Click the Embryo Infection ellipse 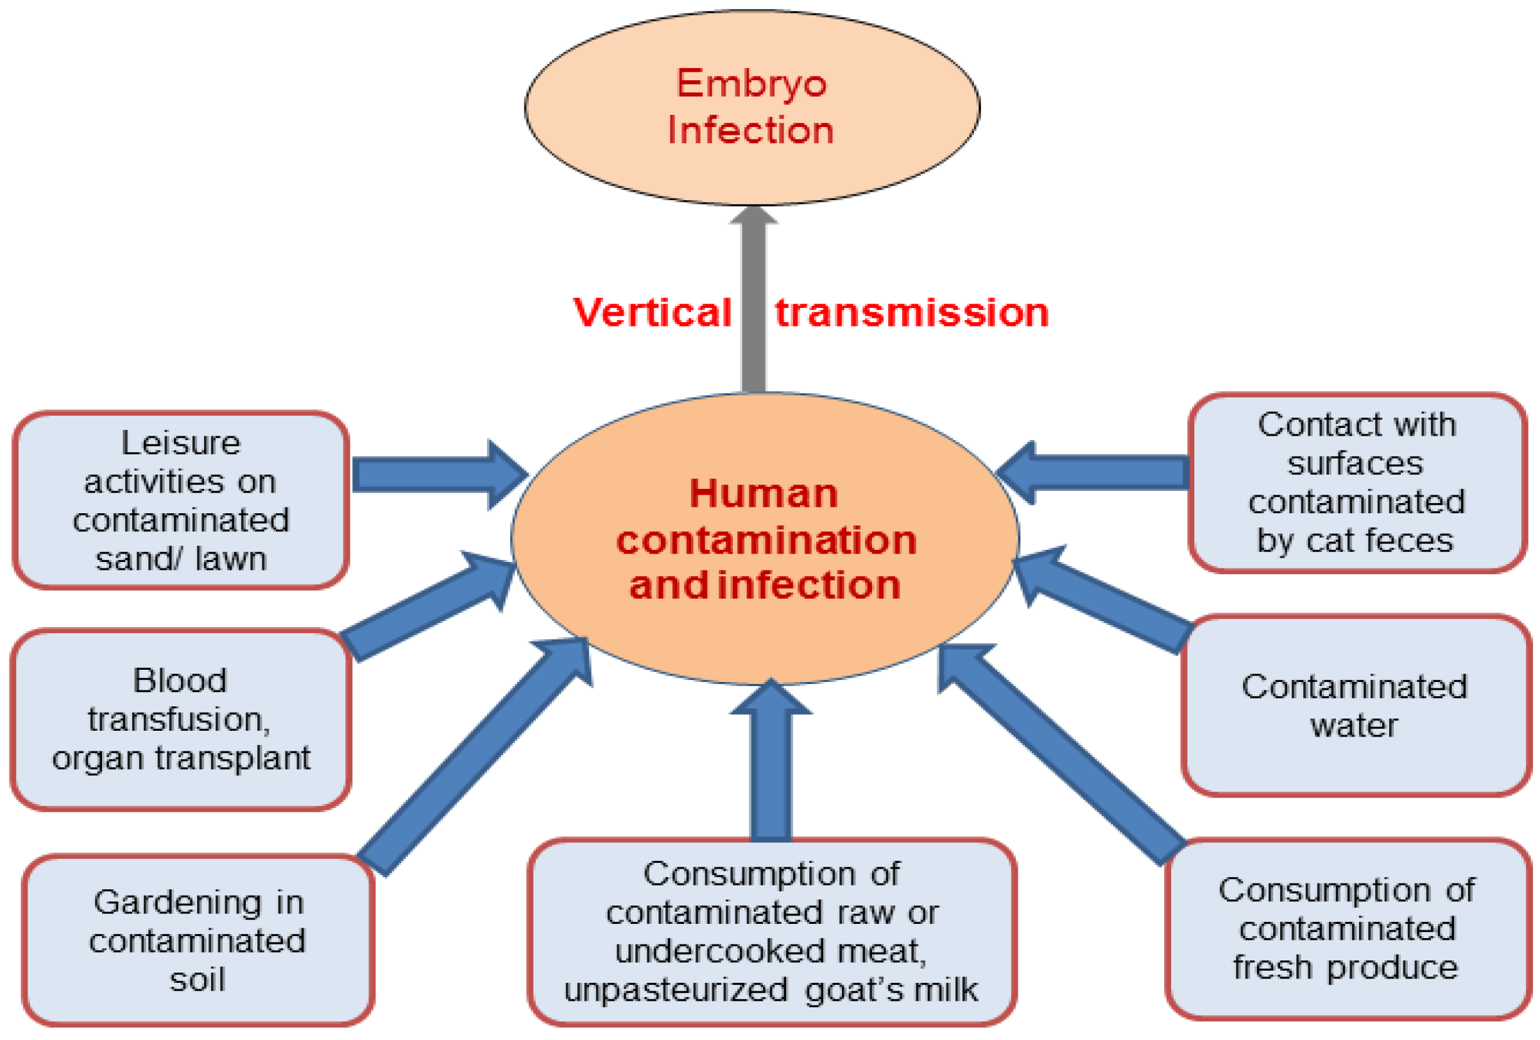(x=751, y=107)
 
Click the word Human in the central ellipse (x=764, y=493)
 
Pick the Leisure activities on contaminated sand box (x=180, y=500)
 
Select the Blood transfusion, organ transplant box (x=180, y=719)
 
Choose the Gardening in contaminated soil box (x=198, y=940)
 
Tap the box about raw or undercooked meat (x=771, y=932)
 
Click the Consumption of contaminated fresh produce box (x=1346, y=929)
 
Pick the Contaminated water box (x=1355, y=706)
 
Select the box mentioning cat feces (x=1356, y=482)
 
